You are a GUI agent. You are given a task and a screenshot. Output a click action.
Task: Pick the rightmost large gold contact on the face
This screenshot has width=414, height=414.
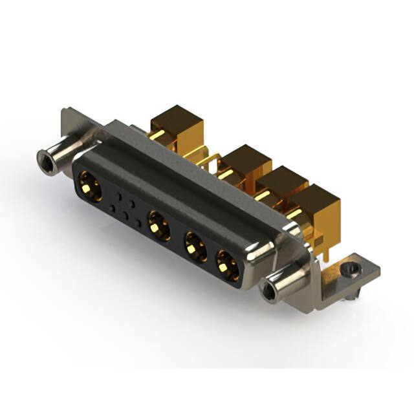click(x=227, y=265)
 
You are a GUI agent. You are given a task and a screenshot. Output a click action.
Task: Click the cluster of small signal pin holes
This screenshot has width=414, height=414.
click(x=127, y=207)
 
